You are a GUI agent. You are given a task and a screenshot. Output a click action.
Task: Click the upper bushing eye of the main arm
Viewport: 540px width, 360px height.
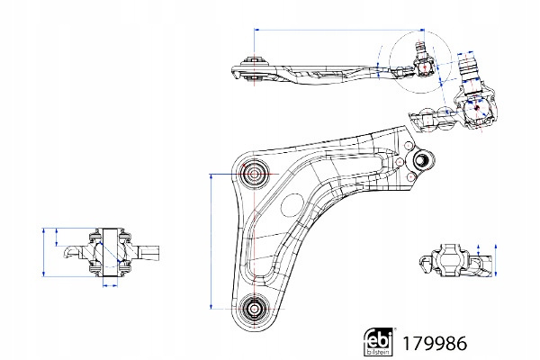click(x=254, y=172)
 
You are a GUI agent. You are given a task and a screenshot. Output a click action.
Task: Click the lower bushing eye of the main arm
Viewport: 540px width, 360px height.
click(x=254, y=309)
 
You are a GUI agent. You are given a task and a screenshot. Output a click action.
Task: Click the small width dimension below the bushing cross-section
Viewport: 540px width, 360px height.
click(x=109, y=285)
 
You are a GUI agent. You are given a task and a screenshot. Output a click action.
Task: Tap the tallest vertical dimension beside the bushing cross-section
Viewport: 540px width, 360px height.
click(x=44, y=252)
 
